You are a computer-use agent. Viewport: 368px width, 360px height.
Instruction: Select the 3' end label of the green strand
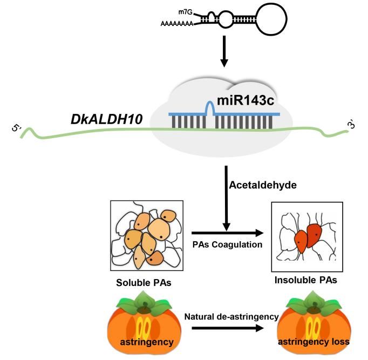(x=351, y=124)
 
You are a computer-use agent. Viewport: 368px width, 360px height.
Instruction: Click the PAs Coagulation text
(x=220, y=244)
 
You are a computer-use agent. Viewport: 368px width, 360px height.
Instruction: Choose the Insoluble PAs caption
(x=299, y=280)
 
